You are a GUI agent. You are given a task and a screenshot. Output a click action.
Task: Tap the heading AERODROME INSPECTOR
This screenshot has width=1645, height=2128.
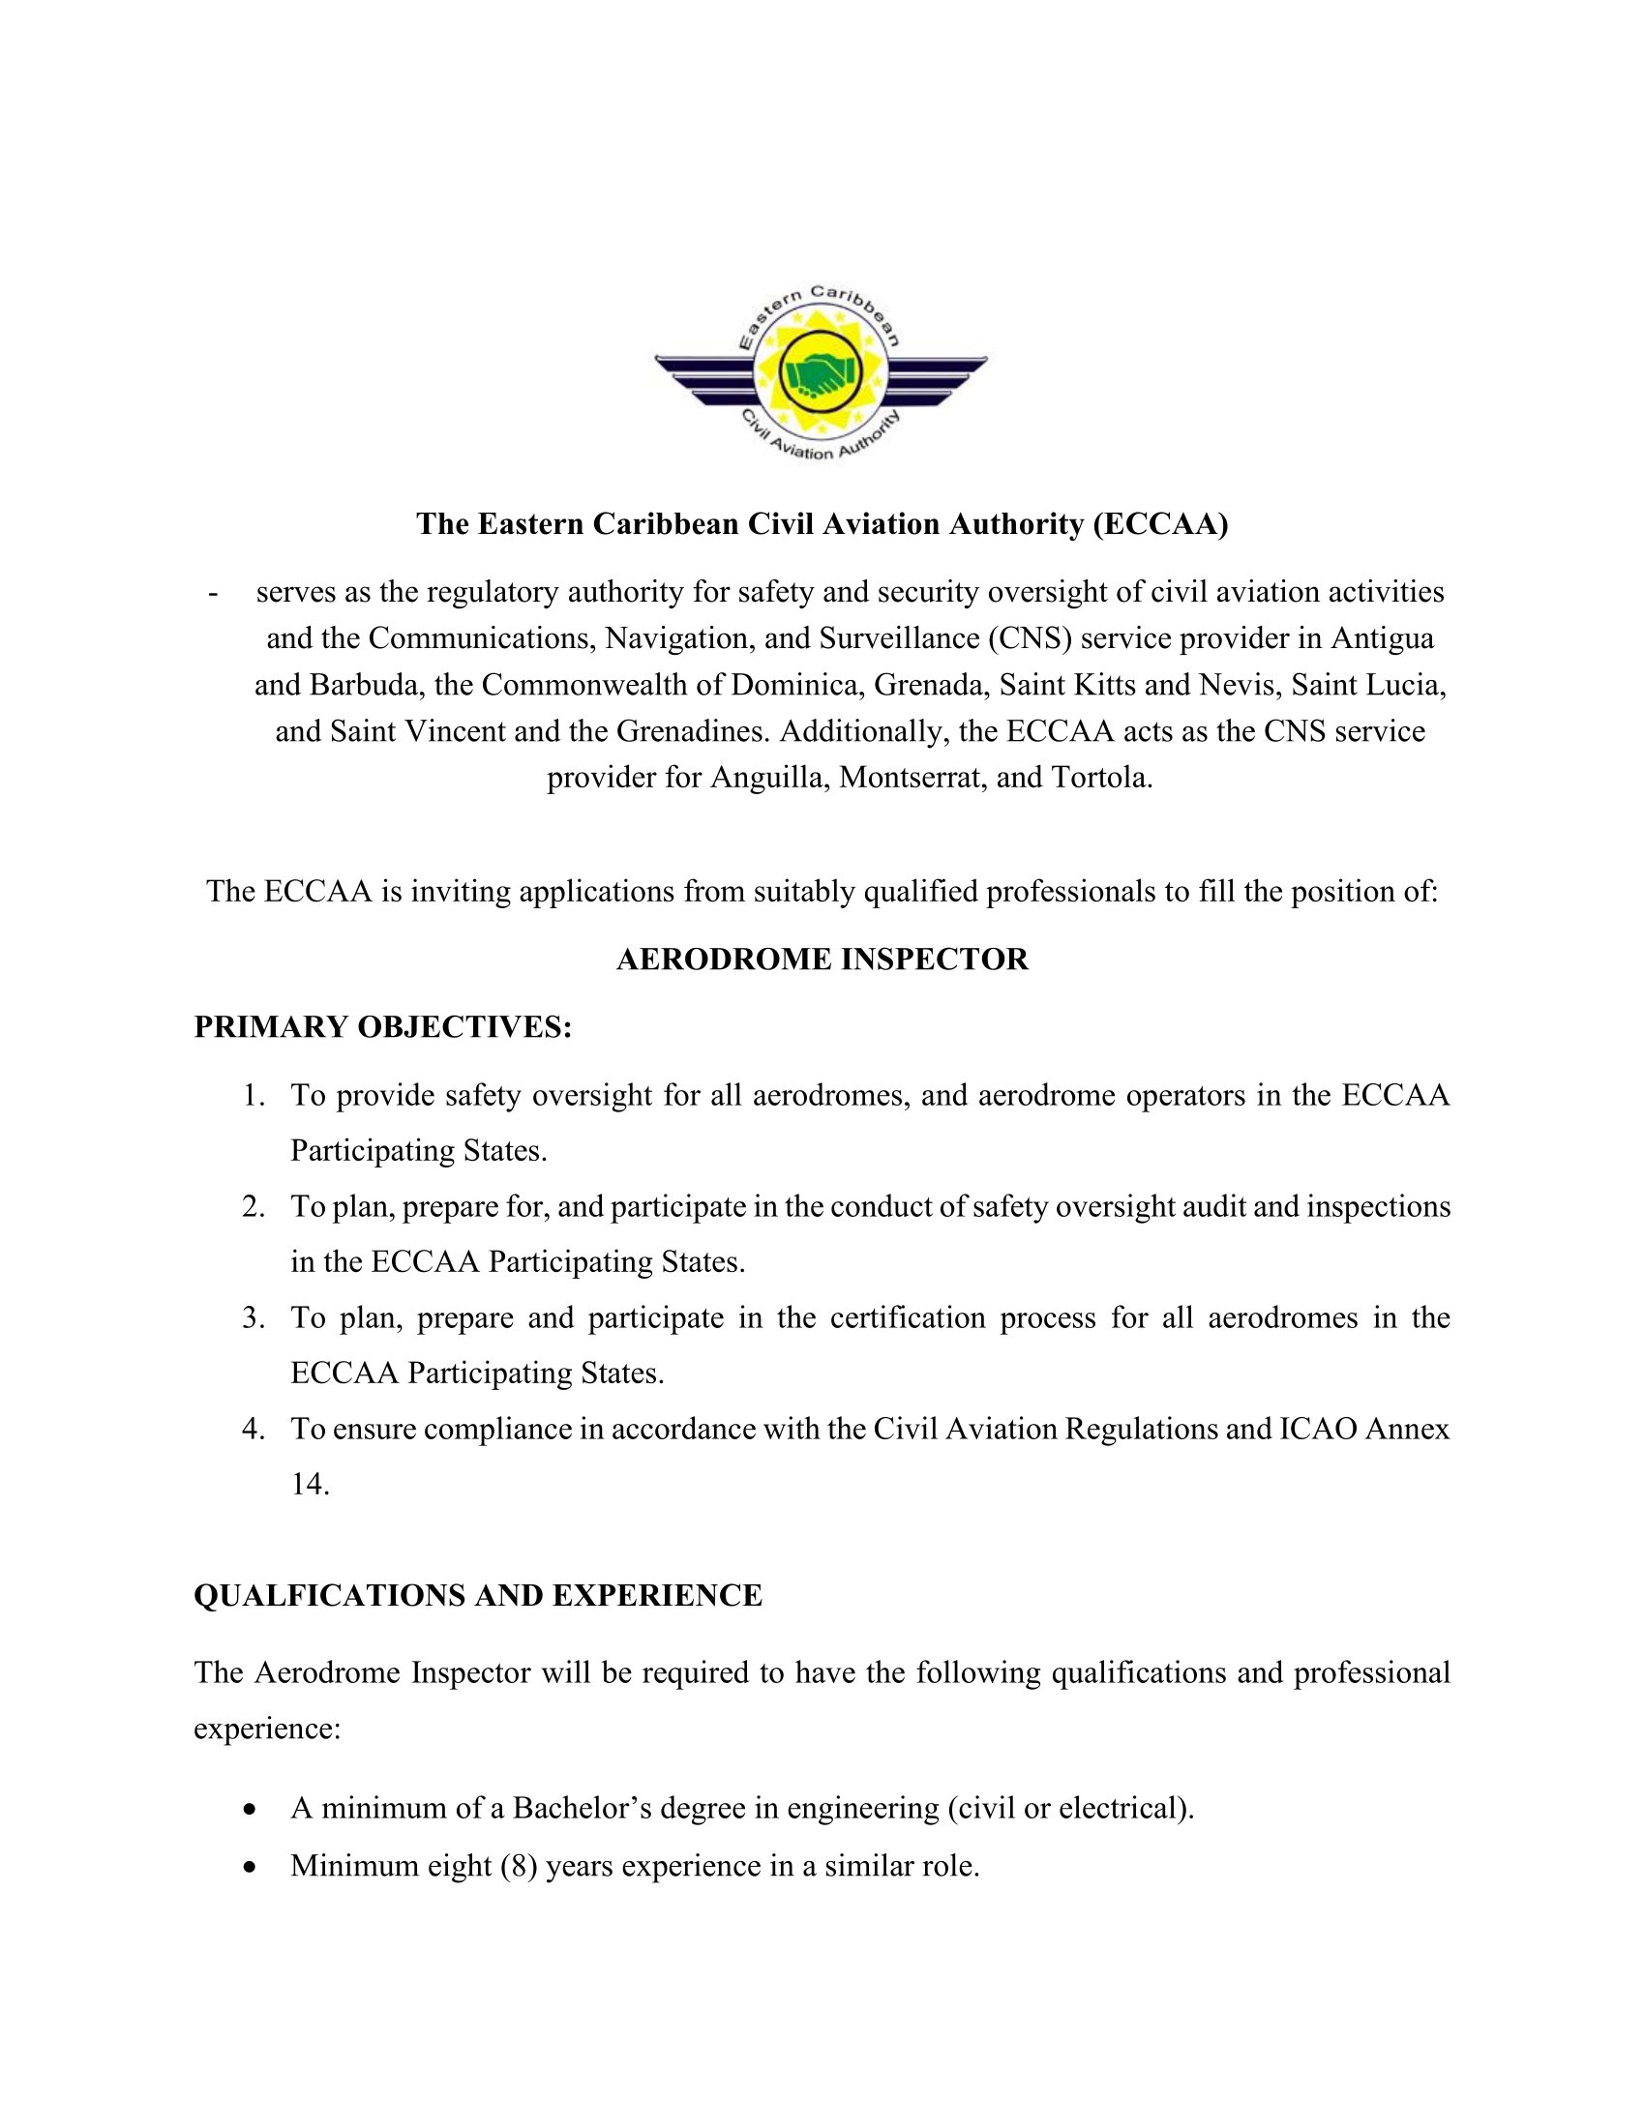[x=822, y=960]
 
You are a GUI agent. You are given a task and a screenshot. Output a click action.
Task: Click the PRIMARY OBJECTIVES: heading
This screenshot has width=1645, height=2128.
[x=382, y=1027]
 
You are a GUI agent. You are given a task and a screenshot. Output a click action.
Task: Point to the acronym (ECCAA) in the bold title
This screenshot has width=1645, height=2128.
[x=1159, y=524]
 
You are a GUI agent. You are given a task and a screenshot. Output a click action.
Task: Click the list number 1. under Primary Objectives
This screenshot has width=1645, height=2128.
[x=254, y=1096]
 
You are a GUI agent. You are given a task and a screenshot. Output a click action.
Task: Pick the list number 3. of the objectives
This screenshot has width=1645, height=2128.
[x=254, y=1318]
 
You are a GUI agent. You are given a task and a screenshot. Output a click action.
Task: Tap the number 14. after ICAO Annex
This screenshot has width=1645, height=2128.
[x=310, y=1484]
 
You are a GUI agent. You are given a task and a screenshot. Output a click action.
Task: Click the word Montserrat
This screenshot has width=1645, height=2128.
[x=912, y=778]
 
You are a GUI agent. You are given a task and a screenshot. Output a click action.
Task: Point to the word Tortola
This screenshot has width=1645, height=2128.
[x=1101, y=778]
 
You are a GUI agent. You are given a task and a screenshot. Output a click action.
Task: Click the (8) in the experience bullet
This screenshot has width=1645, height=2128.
[x=519, y=1866]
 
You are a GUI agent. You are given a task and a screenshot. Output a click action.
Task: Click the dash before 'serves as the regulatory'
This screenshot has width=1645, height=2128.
[x=213, y=593]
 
